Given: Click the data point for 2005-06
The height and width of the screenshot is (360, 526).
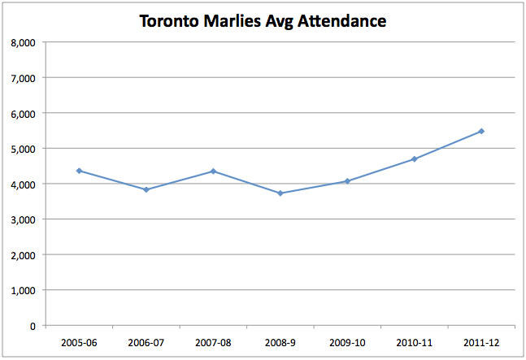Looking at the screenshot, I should (79, 171).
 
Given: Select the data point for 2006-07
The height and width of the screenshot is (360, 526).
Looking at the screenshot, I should (146, 189).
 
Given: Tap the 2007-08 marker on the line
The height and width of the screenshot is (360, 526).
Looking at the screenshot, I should (213, 171).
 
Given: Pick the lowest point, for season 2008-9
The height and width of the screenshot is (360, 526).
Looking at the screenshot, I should (280, 193).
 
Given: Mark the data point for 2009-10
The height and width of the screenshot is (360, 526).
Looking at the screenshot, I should (347, 181).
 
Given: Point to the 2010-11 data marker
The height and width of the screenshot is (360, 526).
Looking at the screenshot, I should (415, 158).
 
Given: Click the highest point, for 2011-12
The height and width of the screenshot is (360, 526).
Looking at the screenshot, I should (481, 131).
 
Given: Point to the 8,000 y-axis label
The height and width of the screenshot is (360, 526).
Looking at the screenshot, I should (24, 42).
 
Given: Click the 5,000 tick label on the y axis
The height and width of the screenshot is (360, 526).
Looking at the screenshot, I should (24, 149).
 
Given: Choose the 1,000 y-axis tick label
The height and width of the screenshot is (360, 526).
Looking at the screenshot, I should (24, 290).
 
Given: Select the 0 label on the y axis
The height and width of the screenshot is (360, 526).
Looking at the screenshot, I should (33, 325).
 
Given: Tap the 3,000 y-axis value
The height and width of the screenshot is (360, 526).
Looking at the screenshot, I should (24, 219).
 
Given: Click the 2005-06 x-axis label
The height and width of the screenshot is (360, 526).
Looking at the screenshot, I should (79, 342).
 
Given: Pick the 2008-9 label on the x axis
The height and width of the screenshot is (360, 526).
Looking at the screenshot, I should (280, 342).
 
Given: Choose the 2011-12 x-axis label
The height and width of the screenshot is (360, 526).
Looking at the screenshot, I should (481, 342).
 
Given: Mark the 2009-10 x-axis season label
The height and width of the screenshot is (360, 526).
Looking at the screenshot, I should (347, 342).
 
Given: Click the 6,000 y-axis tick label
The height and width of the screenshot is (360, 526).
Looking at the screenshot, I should (24, 113).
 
